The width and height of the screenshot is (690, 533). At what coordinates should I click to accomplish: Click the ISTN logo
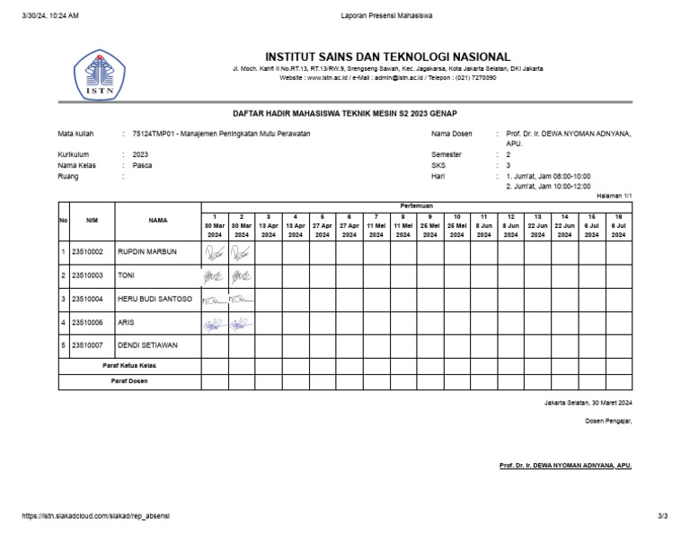[100, 75]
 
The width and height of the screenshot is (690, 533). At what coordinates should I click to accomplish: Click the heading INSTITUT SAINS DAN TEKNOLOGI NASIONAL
[387, 57]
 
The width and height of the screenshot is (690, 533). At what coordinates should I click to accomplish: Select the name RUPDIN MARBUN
[146, 252]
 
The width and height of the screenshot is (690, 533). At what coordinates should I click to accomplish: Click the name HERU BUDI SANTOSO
[155, 299]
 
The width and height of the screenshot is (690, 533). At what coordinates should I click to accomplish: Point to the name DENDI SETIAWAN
[147, 345]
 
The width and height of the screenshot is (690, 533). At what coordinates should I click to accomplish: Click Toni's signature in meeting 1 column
[214, 275]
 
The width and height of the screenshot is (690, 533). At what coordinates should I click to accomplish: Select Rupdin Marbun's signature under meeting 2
[241, 253]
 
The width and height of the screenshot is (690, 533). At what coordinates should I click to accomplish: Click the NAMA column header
[158, 220]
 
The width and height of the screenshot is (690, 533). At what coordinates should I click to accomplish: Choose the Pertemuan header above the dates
[416, 205]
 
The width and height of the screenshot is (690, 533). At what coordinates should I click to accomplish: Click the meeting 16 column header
[618, 225]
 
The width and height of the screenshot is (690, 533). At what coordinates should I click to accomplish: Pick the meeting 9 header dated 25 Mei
[429, 225]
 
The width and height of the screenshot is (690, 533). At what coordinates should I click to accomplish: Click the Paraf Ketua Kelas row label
[129, 366]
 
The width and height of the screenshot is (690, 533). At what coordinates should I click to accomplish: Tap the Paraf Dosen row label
[129, 381]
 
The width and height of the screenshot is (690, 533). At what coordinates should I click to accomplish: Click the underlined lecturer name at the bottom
[565, 466]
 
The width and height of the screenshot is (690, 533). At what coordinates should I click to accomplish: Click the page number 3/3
[663, 516]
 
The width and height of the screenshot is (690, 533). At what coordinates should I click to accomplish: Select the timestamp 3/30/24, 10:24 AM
[50, 16]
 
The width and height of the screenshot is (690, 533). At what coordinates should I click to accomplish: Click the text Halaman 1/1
[615, 196]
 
